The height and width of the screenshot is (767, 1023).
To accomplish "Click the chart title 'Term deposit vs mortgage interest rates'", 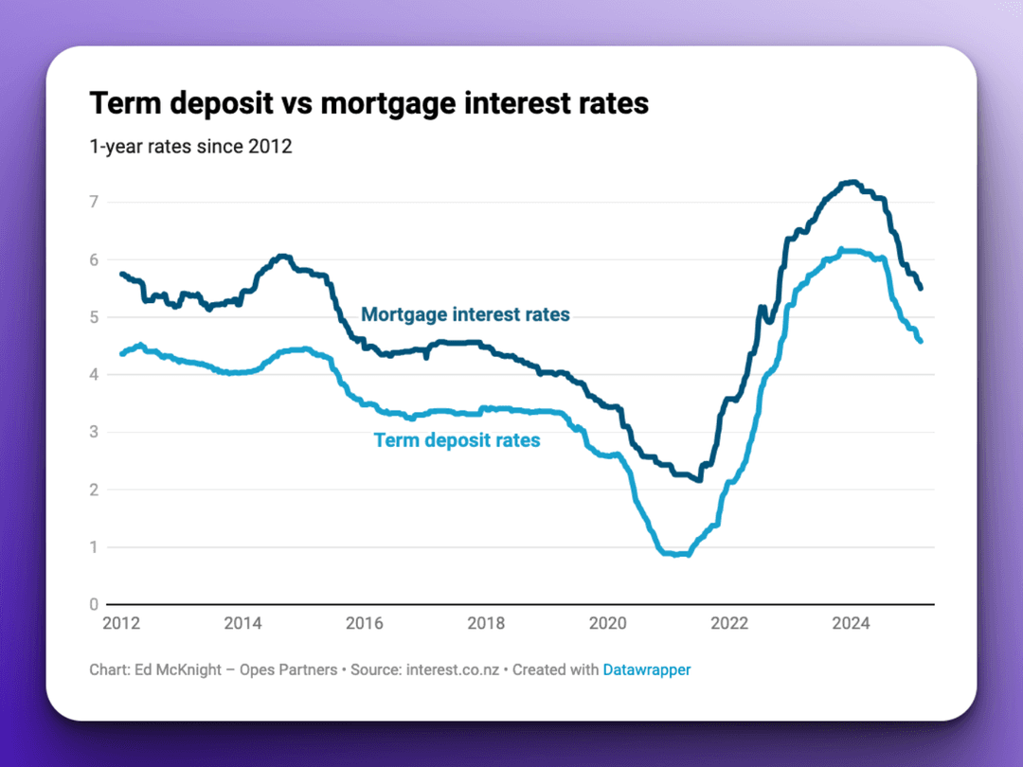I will [x=369, y=103].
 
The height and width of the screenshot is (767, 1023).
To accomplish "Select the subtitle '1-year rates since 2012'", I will [x=190, y=147].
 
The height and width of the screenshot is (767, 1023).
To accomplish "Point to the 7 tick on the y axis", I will [x=95, y=202].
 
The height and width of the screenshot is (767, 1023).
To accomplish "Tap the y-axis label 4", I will [x=95, y=374].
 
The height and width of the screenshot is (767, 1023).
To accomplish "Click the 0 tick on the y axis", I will [x=95, y=604].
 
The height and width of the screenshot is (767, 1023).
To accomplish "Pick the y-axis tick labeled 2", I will [x=95, y=490].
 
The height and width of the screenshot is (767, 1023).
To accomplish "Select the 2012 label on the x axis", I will [x=121, y=623].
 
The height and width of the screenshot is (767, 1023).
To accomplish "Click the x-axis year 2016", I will [x=365, y=623].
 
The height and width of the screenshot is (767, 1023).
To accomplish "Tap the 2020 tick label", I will [x=608, y=623].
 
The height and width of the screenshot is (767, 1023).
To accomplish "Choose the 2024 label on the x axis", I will [x=851, y=623].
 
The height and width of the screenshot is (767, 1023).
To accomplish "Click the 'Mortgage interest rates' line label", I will [x=465, y=314].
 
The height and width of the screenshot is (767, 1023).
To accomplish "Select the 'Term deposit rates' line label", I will [x=457, y=440].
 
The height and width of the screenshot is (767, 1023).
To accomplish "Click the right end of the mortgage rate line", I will [x=922, y=288].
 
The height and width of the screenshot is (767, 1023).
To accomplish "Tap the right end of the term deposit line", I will [x=921, y=341].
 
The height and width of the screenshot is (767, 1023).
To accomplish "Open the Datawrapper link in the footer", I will [x=647, y=669].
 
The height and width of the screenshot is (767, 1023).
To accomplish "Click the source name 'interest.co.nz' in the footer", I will [x=454, y=669].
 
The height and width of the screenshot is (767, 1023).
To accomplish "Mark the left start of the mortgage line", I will [x=121, y=274].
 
